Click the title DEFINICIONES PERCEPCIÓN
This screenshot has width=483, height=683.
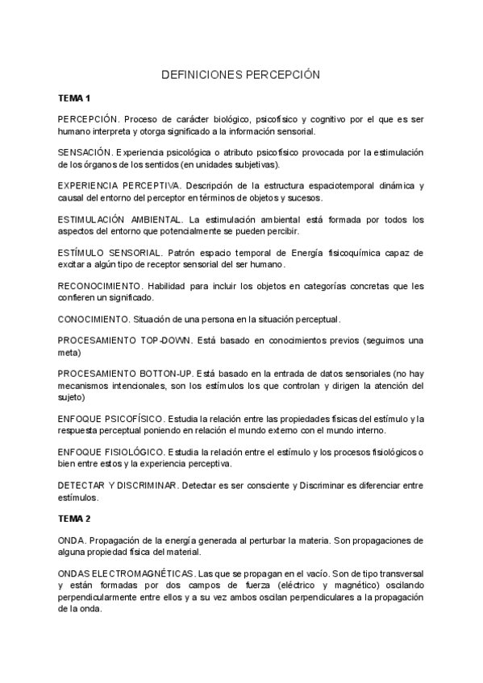point(241,74)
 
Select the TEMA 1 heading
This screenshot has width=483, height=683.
point(74,97)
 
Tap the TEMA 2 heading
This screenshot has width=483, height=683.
point(74,518)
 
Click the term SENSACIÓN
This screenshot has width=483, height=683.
point(85,152)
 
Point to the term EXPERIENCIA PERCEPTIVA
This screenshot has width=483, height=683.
point(119,185)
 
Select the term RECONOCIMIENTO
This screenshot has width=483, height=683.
point(100,286)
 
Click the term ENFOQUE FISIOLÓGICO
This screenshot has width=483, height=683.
point(110,452)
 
